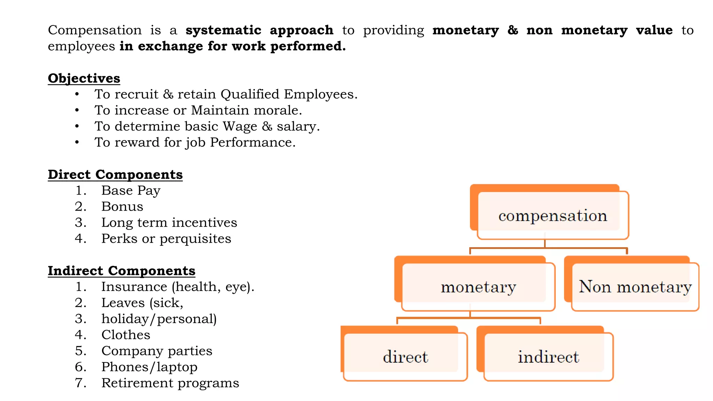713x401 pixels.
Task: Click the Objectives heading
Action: click(x=84, y=78)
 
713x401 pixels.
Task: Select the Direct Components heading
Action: click(x=115, y=174)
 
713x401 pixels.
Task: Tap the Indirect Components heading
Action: click(x=122, y=271)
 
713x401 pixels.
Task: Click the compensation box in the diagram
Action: click(x=553, y=215)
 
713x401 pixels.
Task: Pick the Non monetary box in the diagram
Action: click(x=635, y=287)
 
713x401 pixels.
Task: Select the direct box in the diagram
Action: click(x=405, y=357)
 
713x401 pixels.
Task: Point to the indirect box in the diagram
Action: click(x=548, y=357)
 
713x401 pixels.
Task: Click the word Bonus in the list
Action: click(x=122, y=207)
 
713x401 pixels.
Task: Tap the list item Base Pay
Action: click(x=131, y=191)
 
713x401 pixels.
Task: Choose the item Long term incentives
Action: click(x=169, y=223)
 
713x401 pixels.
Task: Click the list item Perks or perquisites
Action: click(x=166, y=239)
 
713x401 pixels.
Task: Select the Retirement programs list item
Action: click(x=170, y=383)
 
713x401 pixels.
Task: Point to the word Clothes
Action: click(x=126, y=335)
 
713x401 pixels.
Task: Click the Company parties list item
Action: click(x=157, y=351)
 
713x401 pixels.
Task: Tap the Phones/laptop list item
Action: click(x=149, y=367)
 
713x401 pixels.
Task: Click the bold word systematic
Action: click(x=224, y=30)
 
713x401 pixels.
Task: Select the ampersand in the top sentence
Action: click(x=512, y=30)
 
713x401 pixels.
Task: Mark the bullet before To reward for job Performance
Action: click(x=77, y=142)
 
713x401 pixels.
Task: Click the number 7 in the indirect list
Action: click(x=80, y=383)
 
